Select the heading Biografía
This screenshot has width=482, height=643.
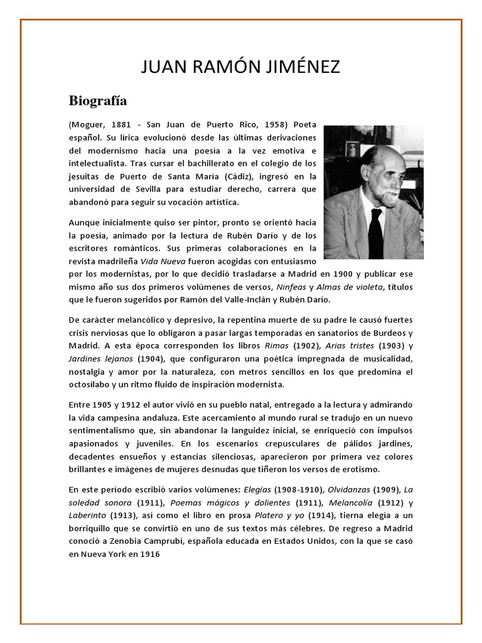tap(97, 100)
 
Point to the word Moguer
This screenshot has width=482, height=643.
tap(88, 124)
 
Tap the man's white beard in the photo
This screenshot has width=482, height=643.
tap(388, 189)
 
